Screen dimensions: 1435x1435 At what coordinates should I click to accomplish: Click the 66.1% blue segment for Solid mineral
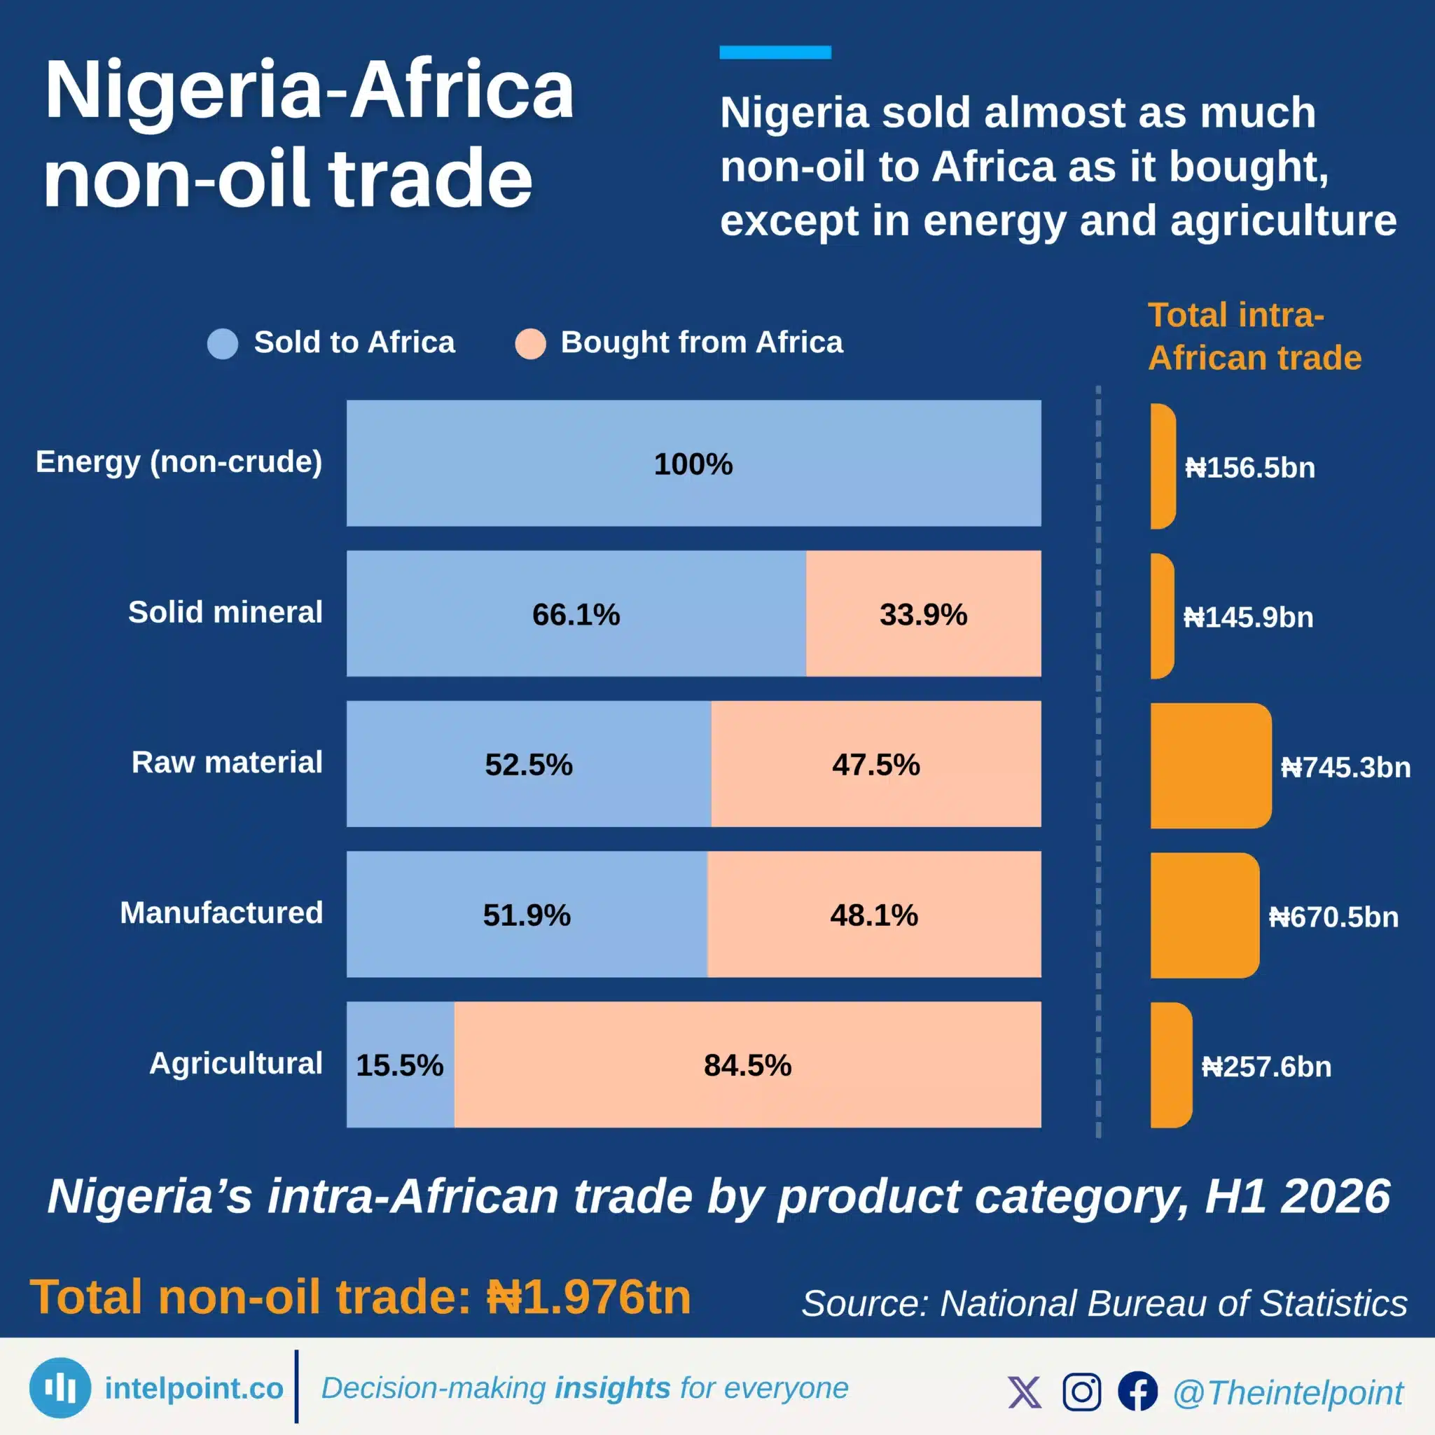(x=576, y=613)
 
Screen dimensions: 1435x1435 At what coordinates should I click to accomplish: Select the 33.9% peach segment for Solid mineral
(x=924, y=613)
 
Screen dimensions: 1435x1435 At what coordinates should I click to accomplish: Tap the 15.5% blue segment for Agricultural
(x=401, y=1065)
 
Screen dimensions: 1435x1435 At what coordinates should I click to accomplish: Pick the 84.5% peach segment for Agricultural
(x=748, y=1065)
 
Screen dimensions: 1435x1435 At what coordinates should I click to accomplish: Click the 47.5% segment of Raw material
(x=876, y=763)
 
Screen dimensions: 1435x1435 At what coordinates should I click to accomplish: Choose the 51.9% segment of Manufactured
(x=527, y=915)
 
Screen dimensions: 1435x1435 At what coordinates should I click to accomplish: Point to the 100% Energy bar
(x=694, y=464)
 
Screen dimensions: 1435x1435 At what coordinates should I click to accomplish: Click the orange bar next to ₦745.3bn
(x=1212, y=765)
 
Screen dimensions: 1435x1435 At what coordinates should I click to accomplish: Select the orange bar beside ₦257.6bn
(x=1172, y=1065)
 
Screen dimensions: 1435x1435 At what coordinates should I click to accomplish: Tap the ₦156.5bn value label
(x=1250, y=468)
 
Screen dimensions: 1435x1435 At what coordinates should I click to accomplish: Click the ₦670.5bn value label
(x=1334, y=917)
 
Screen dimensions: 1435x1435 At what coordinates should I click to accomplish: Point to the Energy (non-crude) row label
(x=179, y=462)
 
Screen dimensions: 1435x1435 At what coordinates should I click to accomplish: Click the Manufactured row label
(x=221, y=913)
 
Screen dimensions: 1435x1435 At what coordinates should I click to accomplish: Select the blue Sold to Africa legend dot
(x=223, y=344)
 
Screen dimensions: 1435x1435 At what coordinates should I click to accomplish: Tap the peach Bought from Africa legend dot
(x=530, y=344)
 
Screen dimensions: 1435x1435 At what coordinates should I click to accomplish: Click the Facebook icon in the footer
(x=1138, y=1391)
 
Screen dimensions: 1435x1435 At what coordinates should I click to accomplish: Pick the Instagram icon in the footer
(x=1081, y=1391)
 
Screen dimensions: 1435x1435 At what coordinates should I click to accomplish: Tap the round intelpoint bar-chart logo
(x=60, y=1388)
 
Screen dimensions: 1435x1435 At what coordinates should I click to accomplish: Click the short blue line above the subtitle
(x=775, y=52)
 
